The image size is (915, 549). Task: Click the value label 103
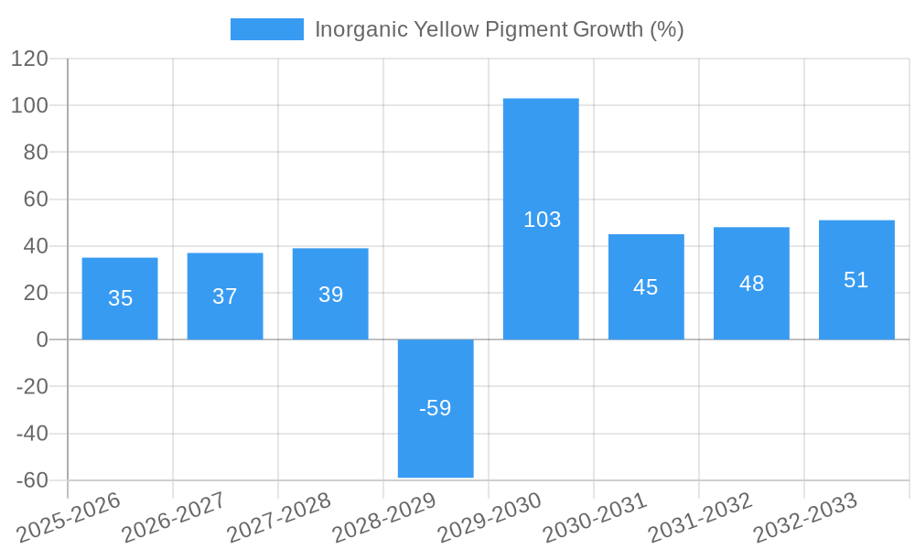pos(542,220)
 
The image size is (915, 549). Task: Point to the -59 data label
pos(436,408)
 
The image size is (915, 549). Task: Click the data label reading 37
pos(225,296)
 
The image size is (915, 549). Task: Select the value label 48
pos(751,284)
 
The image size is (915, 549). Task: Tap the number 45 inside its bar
pos(646,287)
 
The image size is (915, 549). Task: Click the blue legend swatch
pos(266,29)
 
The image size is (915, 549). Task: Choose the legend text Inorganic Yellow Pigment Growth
pos(499,29)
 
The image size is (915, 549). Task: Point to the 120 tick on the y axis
pos(29,59)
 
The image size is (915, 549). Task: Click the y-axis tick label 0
pos(41,339)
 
